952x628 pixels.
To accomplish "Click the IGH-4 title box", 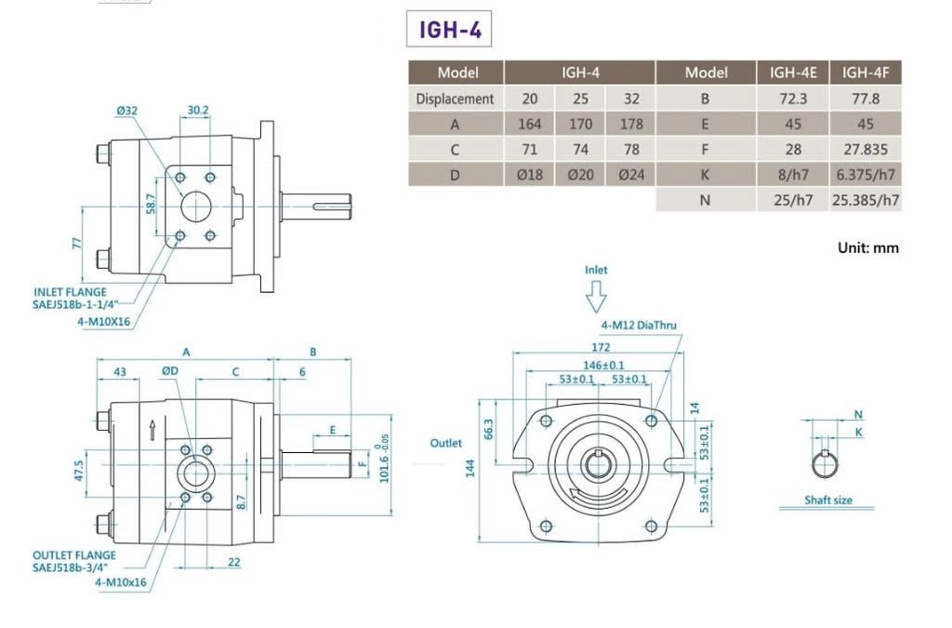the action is click(x=449, y=29).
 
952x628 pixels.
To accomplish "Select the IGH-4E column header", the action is click(x=793, y=73).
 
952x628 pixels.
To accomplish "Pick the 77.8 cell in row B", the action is click(x=866, y=99).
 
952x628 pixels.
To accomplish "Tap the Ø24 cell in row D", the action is click(x=631, y=175).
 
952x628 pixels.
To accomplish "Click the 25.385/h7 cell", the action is click(x=866, y=200).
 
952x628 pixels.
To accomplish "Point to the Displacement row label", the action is click(x=455, y=99).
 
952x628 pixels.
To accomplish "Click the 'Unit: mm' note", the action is click(x=867, y=247).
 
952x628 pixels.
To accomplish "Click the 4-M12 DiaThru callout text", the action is click(x=638, y=325).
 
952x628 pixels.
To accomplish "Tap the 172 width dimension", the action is click(x=601, y=347).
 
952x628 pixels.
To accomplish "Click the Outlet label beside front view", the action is click(x=445, y=444).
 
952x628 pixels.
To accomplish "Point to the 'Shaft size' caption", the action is click(x=828, y=500).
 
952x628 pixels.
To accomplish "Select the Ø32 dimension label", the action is click(x=127, y=111).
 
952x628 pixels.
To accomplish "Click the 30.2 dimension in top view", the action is click(x=198, y=110).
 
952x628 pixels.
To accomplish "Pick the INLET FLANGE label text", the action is click(x=70, y=292).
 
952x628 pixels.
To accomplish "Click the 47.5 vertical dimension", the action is click(x=79, y=472).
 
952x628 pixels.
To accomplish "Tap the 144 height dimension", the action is click(x=469, y=468).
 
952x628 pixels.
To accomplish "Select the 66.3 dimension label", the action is click(x=489, y=429).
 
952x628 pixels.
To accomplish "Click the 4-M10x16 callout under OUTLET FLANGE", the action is click(x=120, y=581).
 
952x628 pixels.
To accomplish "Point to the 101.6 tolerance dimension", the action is click(x=384, y=462).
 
